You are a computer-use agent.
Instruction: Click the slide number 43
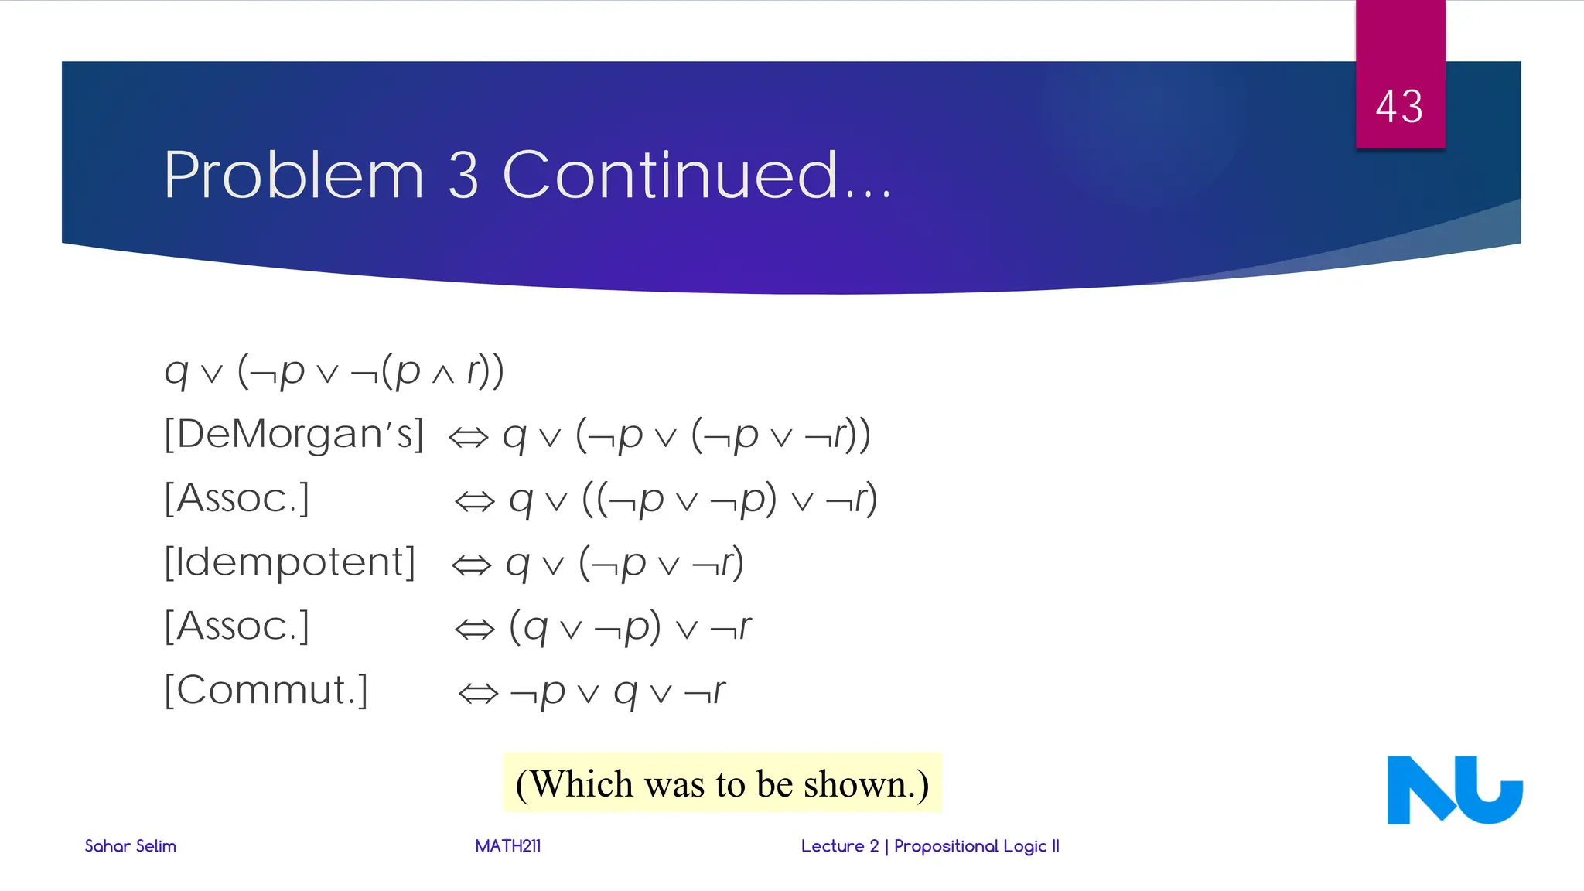coord(1399,107)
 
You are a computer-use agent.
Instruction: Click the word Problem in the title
coord(294,176)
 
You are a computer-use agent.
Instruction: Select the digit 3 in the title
coord(463,176)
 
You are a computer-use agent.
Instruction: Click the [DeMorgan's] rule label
coord(294,434)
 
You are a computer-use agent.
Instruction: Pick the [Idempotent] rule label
coord(290,562)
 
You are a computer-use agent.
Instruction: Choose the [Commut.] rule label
coord(266,690)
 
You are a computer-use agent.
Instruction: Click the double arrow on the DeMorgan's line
coord(469,438)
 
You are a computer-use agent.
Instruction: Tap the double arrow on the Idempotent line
coord(471,565)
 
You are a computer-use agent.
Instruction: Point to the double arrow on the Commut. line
coord(478,693)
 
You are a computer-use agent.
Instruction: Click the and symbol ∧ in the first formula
coord(442,374)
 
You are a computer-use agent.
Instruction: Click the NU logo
coord(1454,790)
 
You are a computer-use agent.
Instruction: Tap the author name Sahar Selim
coord(130,846)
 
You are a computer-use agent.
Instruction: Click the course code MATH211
coord(507,846)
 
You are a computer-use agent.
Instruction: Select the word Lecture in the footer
coord(832,846)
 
